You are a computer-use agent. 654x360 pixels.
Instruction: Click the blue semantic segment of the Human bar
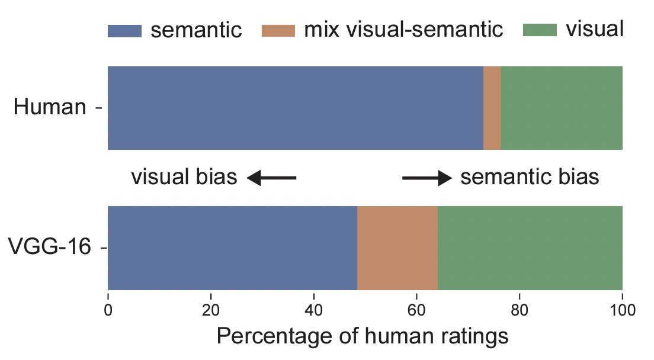pyautogui.click(x=295, y=108)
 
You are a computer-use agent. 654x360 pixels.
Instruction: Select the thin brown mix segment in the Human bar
pyautogui.click(x=492, y=108)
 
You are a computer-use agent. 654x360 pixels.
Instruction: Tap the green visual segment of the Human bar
pyautogui.click(x=561, y=108)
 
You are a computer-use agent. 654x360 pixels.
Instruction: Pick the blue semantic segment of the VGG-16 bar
pyautogui.click(x=232, y=247)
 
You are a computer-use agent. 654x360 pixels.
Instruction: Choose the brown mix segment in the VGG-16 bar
pyautogui.click(x=397, y=247)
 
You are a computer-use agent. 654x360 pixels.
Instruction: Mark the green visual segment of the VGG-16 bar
pyautogui.click(x=530, y=247)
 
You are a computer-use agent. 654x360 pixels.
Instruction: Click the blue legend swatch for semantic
pyautogui.click(x=124, y=30)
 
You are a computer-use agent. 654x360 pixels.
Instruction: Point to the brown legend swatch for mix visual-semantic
pyautogui.click(x=278, y=30)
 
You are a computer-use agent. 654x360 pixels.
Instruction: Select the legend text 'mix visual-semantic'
pyautogui.click(x=403, y=30)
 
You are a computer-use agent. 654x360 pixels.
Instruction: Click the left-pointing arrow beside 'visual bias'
pyautogui.click(x=271, y=177)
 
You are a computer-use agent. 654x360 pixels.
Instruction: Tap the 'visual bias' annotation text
pyautogui.click(x=184, y=177)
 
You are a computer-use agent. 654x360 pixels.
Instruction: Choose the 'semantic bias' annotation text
pyautogui.click(x=530, y=177)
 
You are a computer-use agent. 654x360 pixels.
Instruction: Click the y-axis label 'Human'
pyautogui.click(x=50, y=108)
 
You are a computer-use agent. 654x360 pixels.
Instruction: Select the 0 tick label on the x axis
pyautogui.click(x=108, y=310)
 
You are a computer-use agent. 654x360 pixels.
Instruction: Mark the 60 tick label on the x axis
pyautogui.click(x=416, y=310)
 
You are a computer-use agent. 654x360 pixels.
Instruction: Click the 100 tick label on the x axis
pyautogui.click(x=622, y=310)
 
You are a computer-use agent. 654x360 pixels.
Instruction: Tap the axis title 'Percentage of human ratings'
pyautogui.click(x=363, y=336)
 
